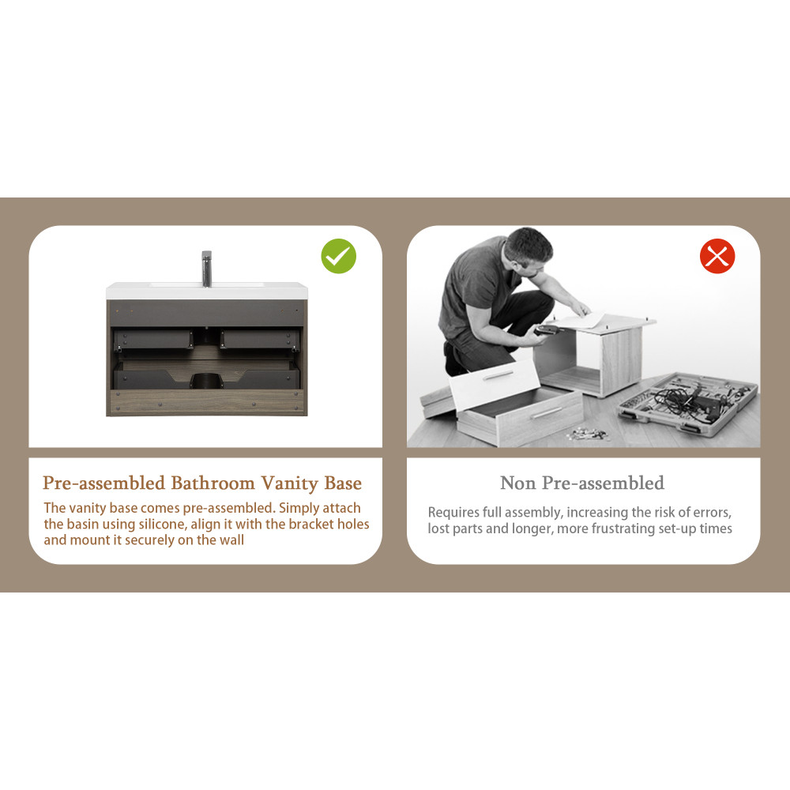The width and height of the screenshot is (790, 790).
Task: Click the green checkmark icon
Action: click(339, 256)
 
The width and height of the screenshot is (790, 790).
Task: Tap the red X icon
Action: click(717, 256)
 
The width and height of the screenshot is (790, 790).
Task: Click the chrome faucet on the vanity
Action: click(206, 269)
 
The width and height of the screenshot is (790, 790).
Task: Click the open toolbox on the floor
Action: click(688, 403)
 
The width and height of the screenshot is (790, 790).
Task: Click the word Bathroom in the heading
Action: click(213, 483)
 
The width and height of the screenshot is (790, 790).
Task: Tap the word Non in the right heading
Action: click(517, 483)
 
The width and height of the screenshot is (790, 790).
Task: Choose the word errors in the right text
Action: click(712, 513)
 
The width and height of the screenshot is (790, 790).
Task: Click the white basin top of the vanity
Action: click(206, 291)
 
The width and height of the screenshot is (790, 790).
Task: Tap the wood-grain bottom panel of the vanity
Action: click(206, 403)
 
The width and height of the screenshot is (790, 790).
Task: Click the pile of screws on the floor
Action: click(588, 433)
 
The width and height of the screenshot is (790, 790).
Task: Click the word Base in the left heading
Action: click(343, 483)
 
